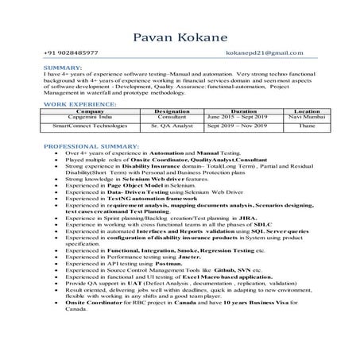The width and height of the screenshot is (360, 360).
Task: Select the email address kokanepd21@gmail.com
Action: pos(265,53)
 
